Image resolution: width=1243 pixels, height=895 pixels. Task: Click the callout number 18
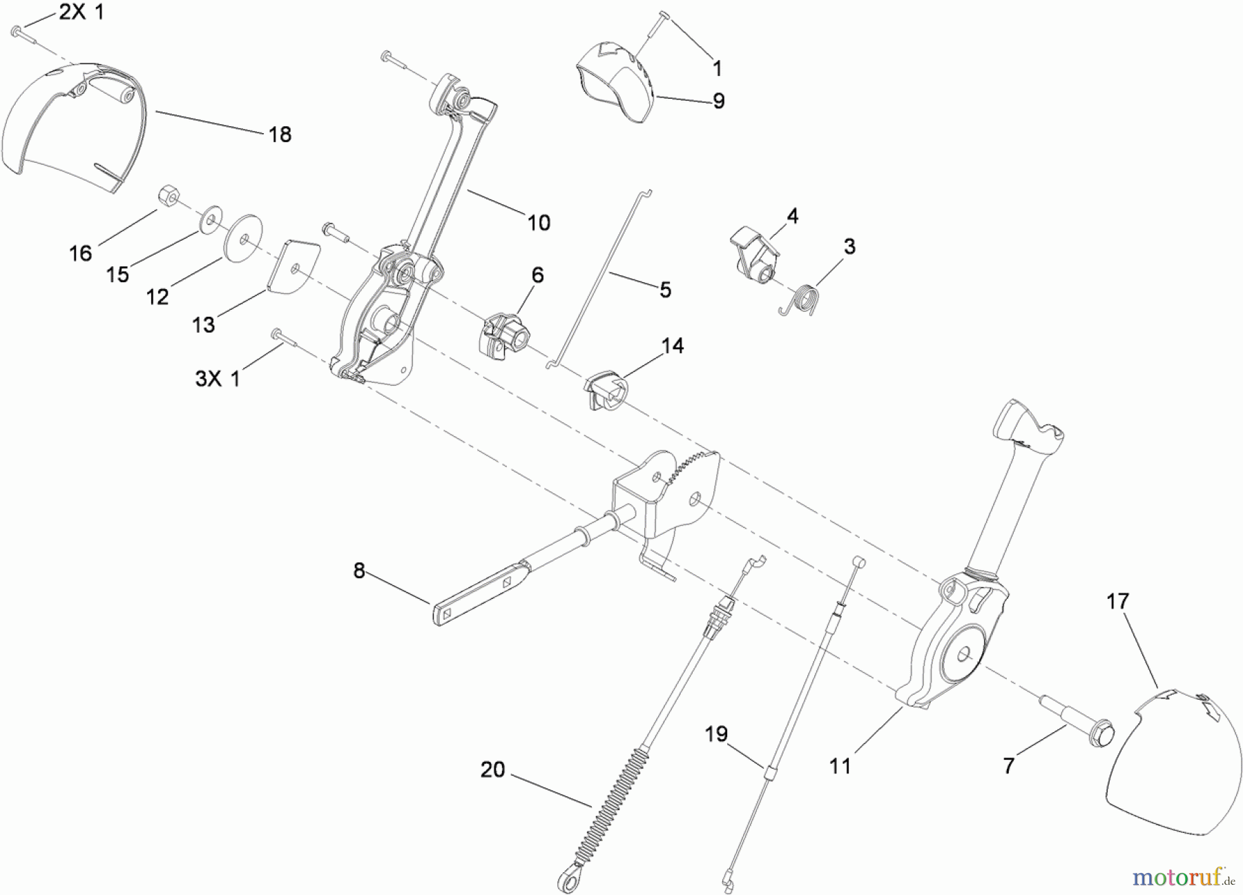click(x=280, y=134)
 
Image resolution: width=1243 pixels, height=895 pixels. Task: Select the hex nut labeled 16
click(x=168, y=197)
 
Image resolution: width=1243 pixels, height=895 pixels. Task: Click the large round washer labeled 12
click(x=243, y=238)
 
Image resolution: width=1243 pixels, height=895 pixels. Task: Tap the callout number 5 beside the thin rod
click(x=665, y=290)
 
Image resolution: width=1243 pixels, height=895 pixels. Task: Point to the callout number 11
click(x=840, y=766)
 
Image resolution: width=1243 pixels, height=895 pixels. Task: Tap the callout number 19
click(x=716, y=734)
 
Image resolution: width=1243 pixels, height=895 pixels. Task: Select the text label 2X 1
click(x=81, y=12)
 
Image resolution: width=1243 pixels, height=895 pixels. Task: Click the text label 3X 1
click(x=218, y=378)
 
